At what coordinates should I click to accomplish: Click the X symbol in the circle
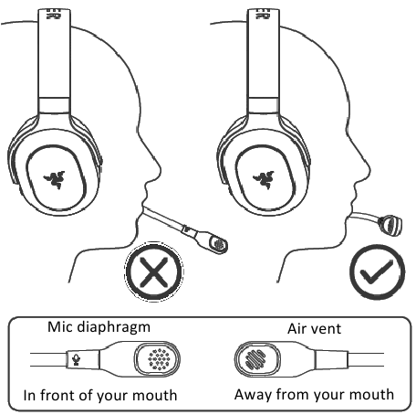pyautogui.click(x=154, y=272)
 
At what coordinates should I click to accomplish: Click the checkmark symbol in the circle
pyautogui.click(x=376, y=272)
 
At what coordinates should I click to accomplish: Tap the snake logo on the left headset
pyautogui.click(x=54, y=179)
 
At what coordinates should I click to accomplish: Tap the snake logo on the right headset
pyautogui.click(x=264, y=179)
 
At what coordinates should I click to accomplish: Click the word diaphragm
pyautogui.click(x=113, y=328)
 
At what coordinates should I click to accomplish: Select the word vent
pyautogui.click(x=326, y=329)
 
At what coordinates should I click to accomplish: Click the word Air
pyautogui.click(x=297, y=328)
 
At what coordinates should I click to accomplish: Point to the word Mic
pyautogui.click(x=60, y=326)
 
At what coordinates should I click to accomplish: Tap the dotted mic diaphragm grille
pyautogui.click(x=158, y=359)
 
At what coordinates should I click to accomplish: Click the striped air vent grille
pyautogui.click(x=255, y=359)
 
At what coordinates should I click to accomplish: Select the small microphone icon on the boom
pyautogui.click(x=76, y=360)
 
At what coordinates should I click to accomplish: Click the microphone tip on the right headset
pyautogui.click(x=390, y=226)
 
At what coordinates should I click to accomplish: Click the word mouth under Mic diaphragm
pyautogui.click(x=155, y=395)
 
